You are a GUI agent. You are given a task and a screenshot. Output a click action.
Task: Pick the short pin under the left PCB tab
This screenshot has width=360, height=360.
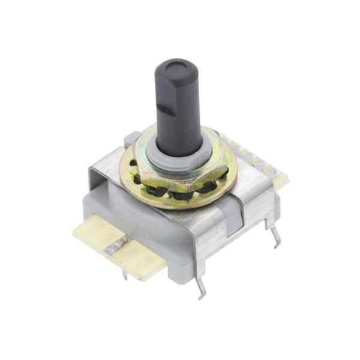[125, 275]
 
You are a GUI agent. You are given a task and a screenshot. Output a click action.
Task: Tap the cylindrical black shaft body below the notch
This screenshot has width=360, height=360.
[180, 129]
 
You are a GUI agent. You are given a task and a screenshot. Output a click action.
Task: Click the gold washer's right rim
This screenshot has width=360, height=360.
[232, 174]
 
